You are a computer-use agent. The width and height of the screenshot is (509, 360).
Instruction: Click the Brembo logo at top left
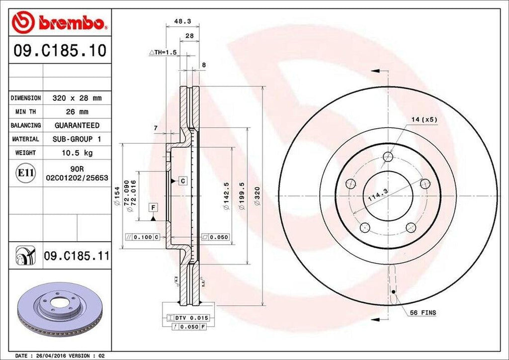click(x=59, y=22)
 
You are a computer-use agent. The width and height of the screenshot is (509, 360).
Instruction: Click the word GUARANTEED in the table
click(x=77, y=125)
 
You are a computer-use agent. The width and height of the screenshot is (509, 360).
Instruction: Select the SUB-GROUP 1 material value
click(x=77, y=139)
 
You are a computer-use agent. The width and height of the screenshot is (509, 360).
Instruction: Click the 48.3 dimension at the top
click(x=179, y=21)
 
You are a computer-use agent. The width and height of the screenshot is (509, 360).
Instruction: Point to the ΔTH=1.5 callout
click(x=163, y=52)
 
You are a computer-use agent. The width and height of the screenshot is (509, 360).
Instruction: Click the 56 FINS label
click(x=423, y=313)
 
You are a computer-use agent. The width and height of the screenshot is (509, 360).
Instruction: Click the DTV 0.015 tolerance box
click(x=190, y=317)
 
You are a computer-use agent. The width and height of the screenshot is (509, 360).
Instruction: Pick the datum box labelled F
click(x=153, y=207)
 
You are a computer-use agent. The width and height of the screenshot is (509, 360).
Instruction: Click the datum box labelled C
click(x=182, y=181)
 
